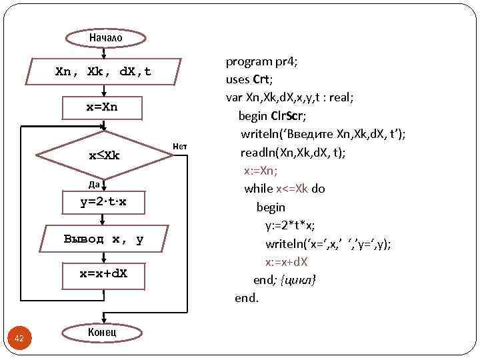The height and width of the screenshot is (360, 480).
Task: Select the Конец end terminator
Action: point(102,332)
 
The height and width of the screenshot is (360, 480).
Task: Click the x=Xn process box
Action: point(102,106)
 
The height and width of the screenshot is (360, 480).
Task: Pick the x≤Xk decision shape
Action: point(104,155)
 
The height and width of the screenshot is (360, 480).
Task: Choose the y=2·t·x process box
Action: point(103,203)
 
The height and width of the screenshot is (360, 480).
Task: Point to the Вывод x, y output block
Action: point(103,239)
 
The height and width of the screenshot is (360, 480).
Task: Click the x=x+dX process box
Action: point(103,273)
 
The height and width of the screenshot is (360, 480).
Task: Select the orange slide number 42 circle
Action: point(19,339)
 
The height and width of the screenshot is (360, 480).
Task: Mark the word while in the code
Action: point(258,189)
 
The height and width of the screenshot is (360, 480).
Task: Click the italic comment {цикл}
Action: point(299,279)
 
